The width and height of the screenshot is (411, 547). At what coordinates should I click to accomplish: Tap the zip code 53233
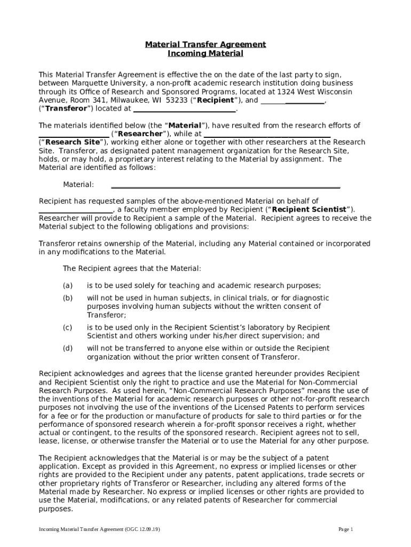pos(177,100)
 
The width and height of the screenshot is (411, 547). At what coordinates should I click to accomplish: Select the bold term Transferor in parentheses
pos(66,109)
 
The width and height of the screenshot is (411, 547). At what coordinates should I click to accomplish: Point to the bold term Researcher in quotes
pos(139,134)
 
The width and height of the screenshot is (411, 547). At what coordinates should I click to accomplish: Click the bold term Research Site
pos(73,143)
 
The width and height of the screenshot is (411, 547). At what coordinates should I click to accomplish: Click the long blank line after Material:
pos(225,185)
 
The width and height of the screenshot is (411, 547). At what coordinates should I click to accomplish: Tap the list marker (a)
pos(68,286)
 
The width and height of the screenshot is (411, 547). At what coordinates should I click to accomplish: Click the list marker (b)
pos(68,298)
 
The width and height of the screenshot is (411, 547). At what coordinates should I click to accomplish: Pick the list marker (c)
pos(68,327)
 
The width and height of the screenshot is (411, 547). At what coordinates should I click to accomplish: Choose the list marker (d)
pos(68,348)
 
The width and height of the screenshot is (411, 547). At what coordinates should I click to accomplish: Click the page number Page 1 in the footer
pos(346,529)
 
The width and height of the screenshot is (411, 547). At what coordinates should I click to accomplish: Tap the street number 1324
pos(295,92)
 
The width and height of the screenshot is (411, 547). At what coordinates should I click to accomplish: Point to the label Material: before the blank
pos(78,185)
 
